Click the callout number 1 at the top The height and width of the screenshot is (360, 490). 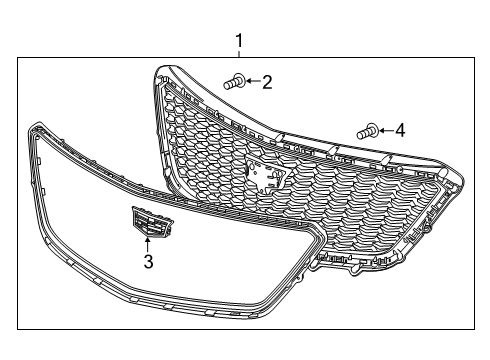coord(238,41)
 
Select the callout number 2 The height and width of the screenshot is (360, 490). coord(267,82)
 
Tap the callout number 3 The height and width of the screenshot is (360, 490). coord(148,262)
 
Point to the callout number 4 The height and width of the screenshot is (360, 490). coord(400,129)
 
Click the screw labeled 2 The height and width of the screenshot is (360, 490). coord(236,82)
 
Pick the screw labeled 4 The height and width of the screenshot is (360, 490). coord(367,130)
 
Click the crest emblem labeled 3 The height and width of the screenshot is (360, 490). coord(147,223)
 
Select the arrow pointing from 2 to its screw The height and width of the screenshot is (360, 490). coord(252,82)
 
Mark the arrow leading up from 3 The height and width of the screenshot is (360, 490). coord(148,245)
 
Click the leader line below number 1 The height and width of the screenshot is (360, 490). coord(238,54)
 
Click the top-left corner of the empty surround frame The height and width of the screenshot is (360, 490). coord(35,127)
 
